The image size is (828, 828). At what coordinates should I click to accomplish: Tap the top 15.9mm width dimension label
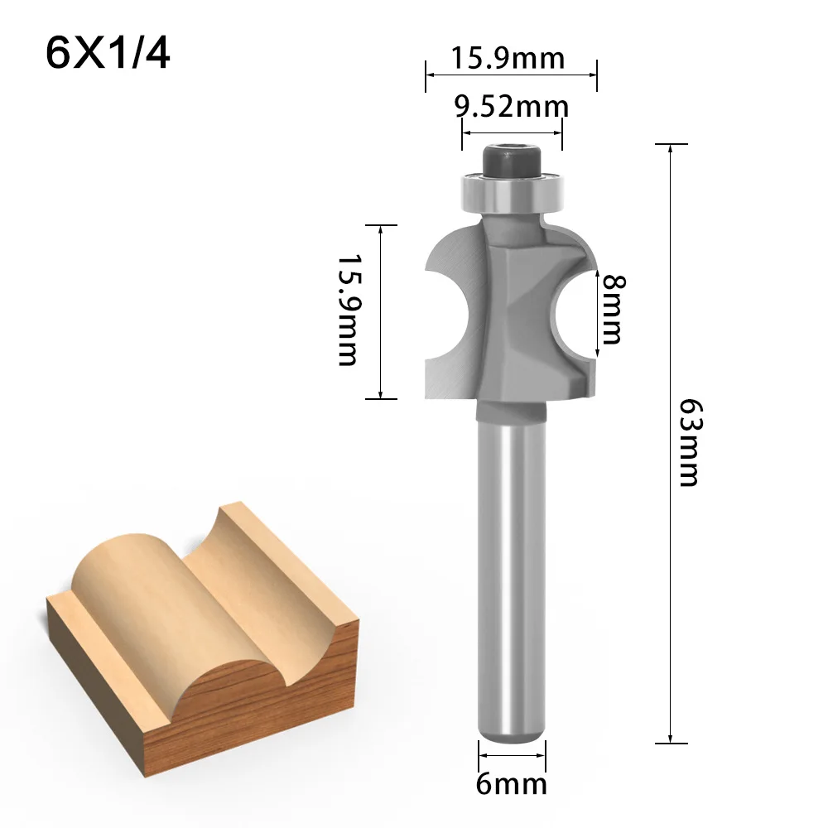pos(508,58)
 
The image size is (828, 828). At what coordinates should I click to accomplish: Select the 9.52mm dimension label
pos(512,106)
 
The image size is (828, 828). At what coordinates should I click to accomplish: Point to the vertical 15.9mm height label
pos(346,310)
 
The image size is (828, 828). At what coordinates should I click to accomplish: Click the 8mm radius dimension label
pos(613,309)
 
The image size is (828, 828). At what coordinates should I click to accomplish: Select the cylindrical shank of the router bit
pos(512,563)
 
